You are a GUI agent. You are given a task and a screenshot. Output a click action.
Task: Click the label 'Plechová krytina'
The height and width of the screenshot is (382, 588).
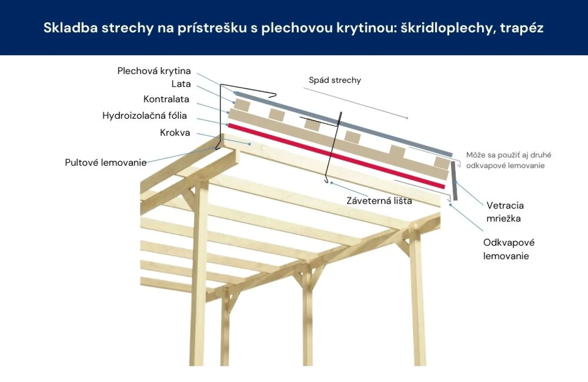pyautogui.click(x=154, y=71)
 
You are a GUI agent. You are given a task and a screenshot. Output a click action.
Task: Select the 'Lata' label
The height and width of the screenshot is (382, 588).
pyautogui.click(x=181, y=84)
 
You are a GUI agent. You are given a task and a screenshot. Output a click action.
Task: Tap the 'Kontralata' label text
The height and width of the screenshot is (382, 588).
pyautogui.click(x=166, y=99)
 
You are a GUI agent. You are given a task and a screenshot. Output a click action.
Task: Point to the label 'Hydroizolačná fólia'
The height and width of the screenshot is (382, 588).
pyautogui.click(x=144, y=116)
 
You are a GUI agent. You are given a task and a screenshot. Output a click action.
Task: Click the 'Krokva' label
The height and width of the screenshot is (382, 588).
pyautogui.click(x=175, y=133)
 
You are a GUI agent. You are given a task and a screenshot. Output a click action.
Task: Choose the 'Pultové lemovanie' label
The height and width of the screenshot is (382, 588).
pyautogui.click(x=105, y=163)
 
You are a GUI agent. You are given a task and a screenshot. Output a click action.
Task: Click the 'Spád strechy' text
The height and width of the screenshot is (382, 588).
pyautogui.click(x=335, y=80)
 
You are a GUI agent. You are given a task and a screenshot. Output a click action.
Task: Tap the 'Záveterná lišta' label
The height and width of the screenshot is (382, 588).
pyautogui.click(x=379, y=201)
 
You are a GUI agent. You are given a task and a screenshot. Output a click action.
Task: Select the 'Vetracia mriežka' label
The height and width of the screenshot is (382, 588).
pyautogui.click(x=505, y=212)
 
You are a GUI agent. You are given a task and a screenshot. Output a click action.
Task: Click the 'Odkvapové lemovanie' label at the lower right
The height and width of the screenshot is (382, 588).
pyautogui.click(x=508, y=249)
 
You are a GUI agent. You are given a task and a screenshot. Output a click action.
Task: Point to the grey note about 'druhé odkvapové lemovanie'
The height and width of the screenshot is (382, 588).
pyautogui.click(x=508, y=160)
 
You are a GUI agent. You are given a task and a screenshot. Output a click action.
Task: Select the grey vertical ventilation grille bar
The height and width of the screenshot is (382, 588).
pyautogui.click(x=454, y=181)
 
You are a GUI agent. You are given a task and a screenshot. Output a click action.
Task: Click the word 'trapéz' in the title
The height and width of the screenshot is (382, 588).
pyautogui.click(x=521, y=28)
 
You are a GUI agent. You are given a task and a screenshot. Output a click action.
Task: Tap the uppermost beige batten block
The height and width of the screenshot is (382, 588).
pyautogui.click(x=242, y=105)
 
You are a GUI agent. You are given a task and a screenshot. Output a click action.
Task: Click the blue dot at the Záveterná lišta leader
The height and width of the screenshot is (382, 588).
pyautogui.click(x=332, y=183)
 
